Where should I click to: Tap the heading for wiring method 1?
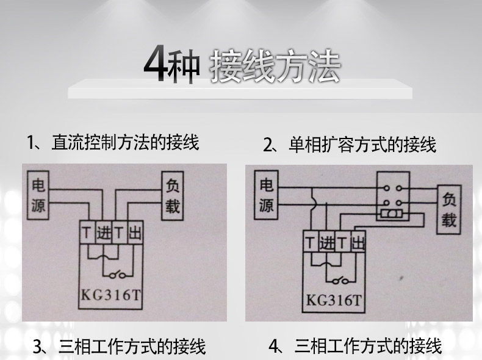point(113,142)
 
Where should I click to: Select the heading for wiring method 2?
point(350,145)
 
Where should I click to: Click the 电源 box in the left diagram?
point(38,195)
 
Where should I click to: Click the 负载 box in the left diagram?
point(173,196)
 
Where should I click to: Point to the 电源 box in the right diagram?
point(266,195)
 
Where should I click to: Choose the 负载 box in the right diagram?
point(449,209)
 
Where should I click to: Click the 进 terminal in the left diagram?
point(104,232)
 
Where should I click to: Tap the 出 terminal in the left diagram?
point(135,232)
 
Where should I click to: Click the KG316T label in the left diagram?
point(110,295)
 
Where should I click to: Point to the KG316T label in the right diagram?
point(333,300)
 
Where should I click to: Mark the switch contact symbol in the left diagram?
point(117,275)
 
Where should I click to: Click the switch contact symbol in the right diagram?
point(340,280)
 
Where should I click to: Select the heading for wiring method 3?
point(119,347)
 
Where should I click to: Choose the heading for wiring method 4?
point(355,346)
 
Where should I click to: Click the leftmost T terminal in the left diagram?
point(88,232)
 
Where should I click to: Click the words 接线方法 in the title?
point(275,67)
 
